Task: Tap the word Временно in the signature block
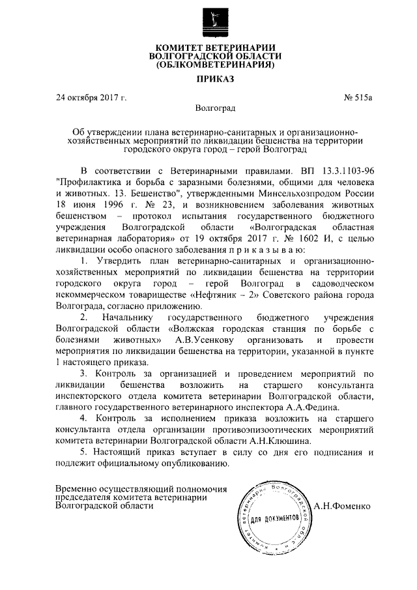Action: (x=78, y=488)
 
